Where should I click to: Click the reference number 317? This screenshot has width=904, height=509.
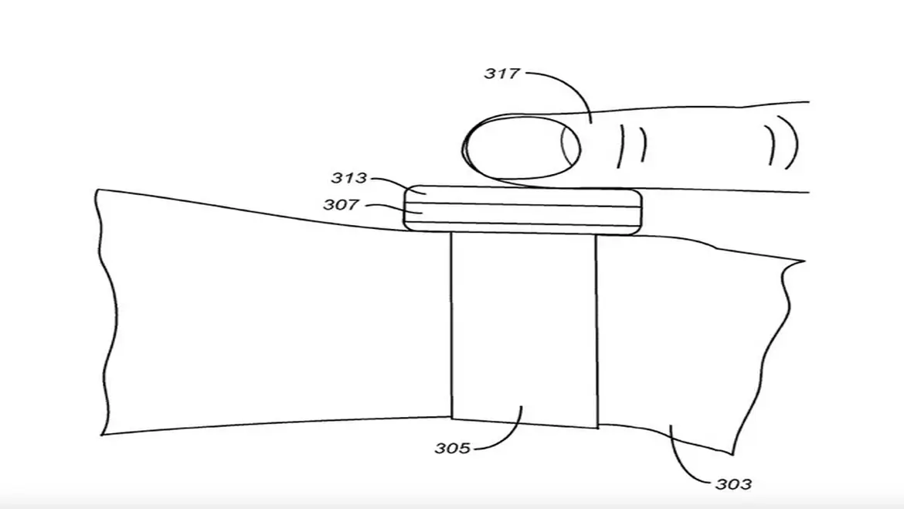pos(501,73)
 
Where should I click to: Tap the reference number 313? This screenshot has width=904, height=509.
pos(348,178)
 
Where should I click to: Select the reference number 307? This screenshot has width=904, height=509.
pos(341,204)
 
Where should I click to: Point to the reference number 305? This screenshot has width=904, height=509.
pos(452,448)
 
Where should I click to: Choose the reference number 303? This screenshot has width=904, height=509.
pos(733,483)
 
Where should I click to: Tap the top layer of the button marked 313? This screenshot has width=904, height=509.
pos(522,195)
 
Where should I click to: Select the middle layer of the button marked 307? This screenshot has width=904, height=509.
pos(522,214)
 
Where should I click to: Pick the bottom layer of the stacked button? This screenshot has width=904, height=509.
pos(522,228)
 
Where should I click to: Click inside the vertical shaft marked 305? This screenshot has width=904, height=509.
pos(524,329)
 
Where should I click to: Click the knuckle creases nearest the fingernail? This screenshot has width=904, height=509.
pos(630,146)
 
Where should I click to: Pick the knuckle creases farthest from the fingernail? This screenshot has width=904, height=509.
pos(783,142)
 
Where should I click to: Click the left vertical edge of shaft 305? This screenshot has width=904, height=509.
pos(451,325)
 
